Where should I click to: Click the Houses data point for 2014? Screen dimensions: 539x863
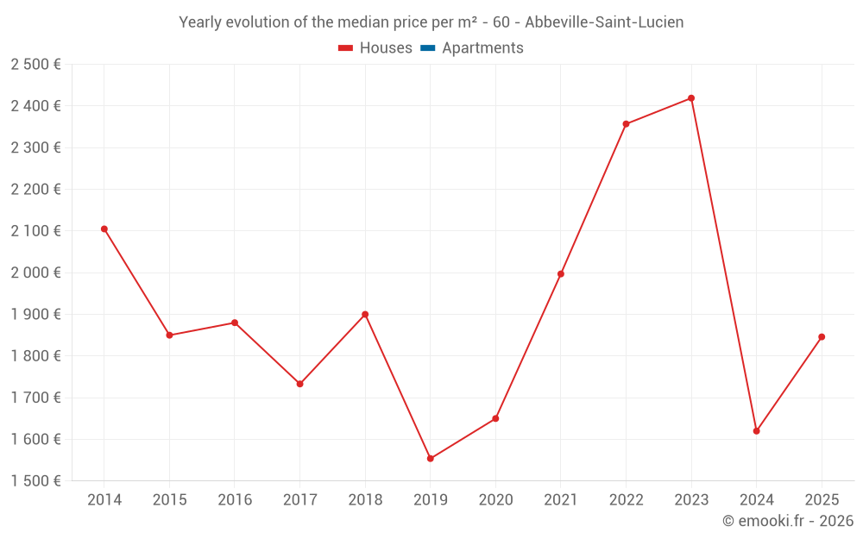[104, 229]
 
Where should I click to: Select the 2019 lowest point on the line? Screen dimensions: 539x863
[431, 459]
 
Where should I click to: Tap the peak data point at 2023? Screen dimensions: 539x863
[691, 98]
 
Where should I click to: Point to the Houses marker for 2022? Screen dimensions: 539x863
[626, 124]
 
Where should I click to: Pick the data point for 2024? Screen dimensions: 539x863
[757, 431]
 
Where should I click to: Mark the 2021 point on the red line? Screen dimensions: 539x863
[561, 274]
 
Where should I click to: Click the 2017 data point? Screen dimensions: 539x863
[299, 384]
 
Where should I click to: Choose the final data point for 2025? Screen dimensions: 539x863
[822, 337]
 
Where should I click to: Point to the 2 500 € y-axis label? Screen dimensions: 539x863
[36, 65]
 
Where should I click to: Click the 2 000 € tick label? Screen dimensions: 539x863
[36, 273]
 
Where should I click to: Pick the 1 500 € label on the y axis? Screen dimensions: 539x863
[36, 481]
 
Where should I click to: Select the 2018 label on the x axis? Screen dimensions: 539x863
[365, 499]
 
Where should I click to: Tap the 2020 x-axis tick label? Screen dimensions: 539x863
[495, 499]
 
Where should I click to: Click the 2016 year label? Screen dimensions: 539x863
[235, 499]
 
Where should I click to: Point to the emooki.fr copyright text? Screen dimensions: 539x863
[788, 521]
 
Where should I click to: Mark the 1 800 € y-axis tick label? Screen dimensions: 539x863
[36, 356]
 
